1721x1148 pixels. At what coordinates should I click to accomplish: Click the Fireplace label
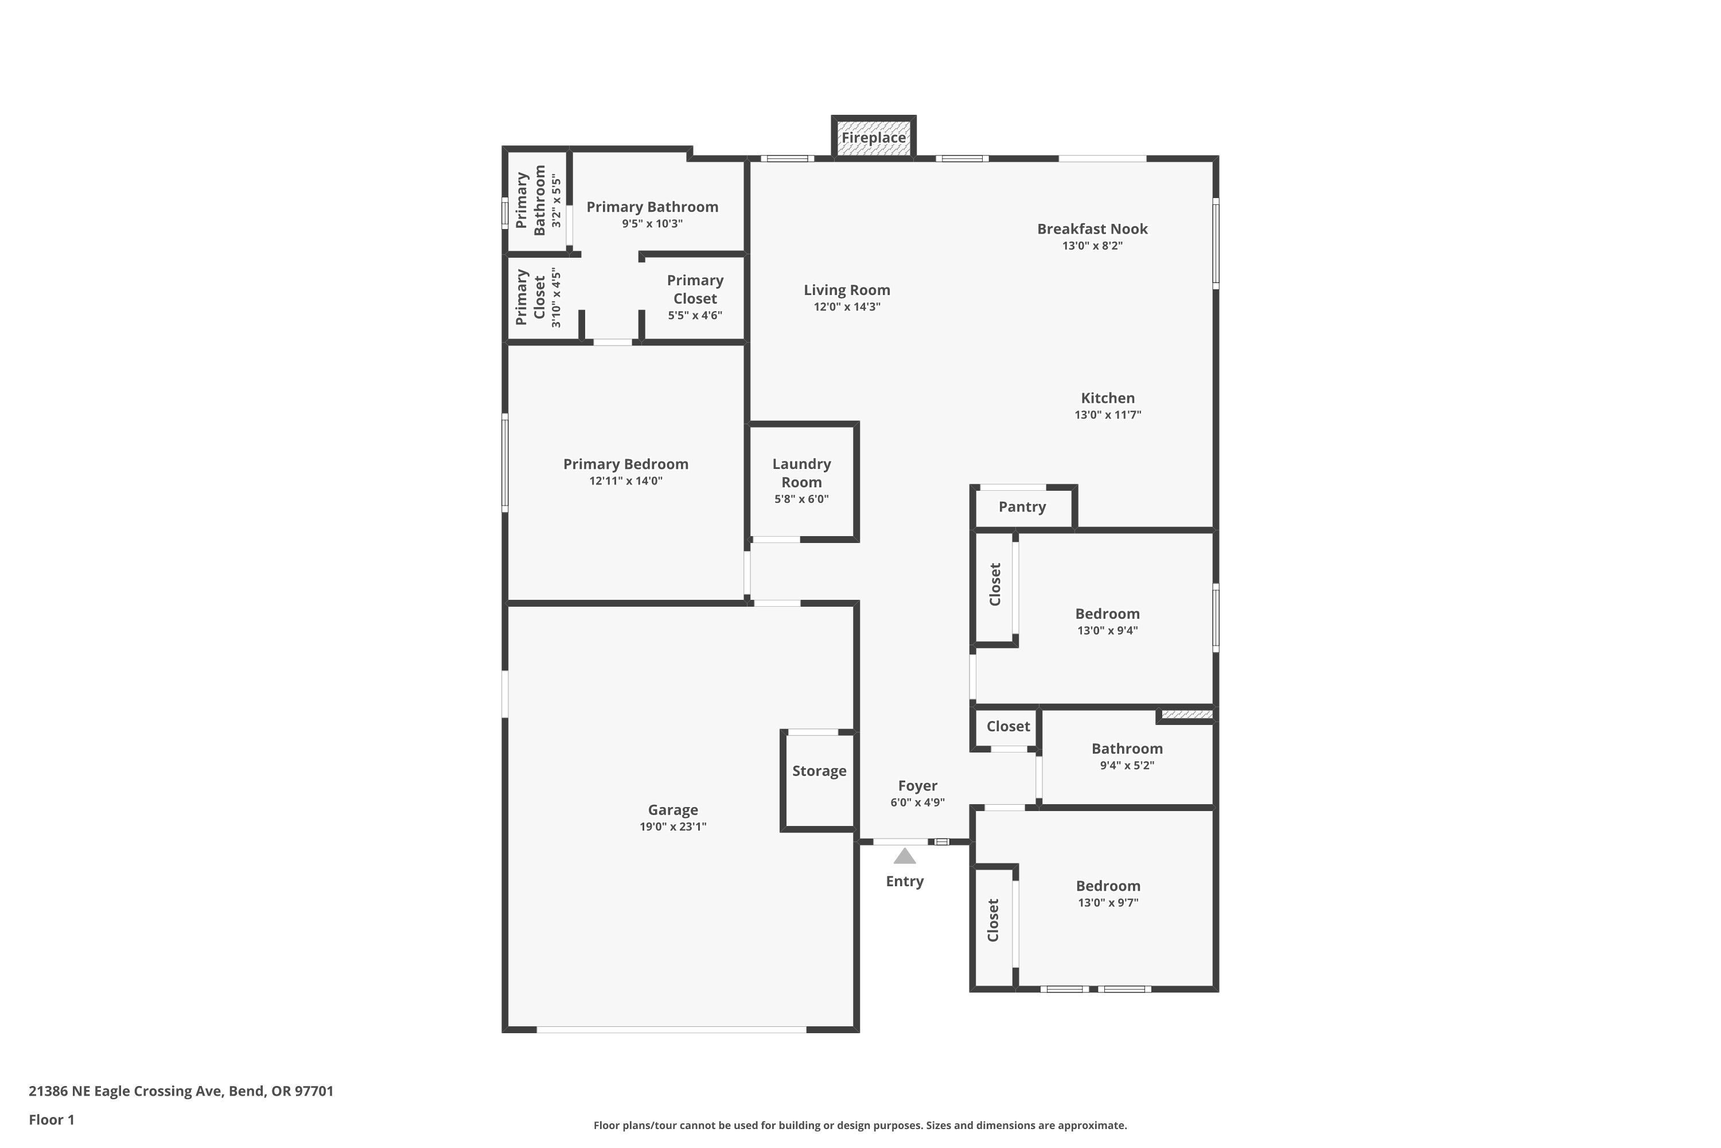[873, 138]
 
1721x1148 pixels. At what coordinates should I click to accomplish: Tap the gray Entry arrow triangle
[905, 856]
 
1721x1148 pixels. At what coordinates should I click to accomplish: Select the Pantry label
[1022, 507]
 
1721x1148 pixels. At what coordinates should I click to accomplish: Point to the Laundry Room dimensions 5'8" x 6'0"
[801, 499]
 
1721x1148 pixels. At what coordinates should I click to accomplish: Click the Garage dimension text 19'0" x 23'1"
[672, 827]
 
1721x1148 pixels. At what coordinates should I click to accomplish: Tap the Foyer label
[917, 786]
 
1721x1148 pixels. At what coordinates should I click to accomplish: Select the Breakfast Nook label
[1092, 228]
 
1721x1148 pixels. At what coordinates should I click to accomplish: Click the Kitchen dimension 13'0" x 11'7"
[1108, 414]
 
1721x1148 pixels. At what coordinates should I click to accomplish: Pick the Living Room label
[847, 290]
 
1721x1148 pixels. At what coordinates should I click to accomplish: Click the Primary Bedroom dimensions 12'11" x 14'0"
[626, 481]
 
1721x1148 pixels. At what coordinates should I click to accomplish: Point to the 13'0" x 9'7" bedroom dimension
[1108, 903]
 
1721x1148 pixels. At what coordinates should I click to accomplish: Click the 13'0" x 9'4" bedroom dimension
[1107, 630]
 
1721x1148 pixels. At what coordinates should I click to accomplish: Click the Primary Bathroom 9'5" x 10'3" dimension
[652, 223]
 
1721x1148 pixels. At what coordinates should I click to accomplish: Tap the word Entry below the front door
[905, 882]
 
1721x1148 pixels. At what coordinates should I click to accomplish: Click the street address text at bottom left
[181, 1091]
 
